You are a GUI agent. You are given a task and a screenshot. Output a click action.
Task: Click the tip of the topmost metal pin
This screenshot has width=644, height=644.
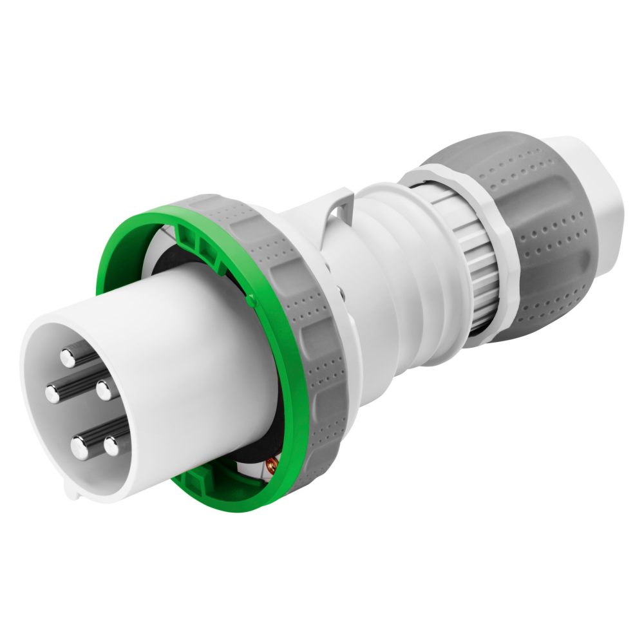tap(68, 356)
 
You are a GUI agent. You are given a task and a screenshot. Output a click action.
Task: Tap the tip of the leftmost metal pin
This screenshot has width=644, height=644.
tap(53, 393)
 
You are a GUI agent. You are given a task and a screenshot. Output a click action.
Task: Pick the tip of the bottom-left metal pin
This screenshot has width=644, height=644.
tap(79, 446)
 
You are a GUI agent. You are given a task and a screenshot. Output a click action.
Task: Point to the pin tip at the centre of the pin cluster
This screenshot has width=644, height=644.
tap(102, 390)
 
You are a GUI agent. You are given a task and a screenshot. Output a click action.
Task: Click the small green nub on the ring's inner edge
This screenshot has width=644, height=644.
tap(251, 299)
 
